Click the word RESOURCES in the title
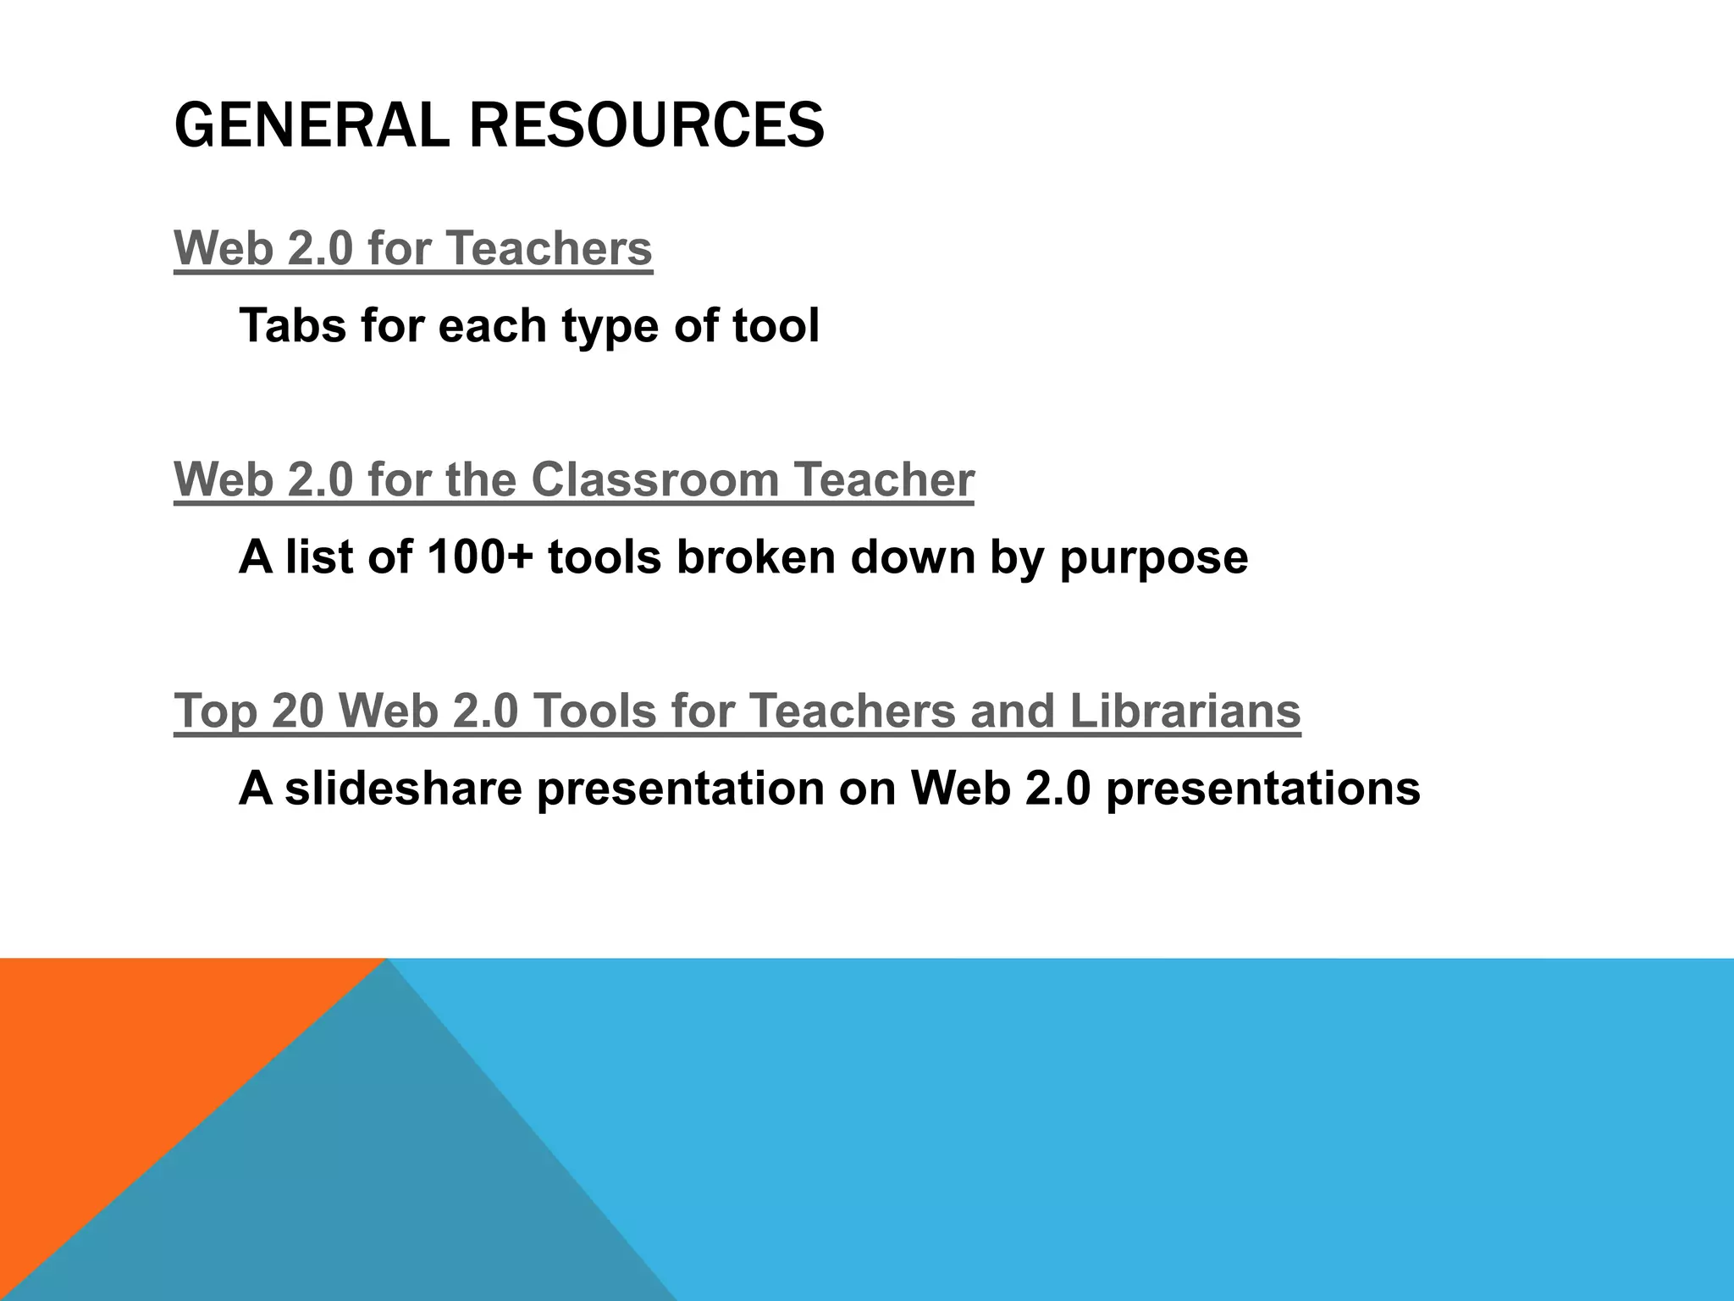pyautogui.click(x=646, y=125)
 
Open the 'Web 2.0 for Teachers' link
pyautogui.click(x=413, y=248)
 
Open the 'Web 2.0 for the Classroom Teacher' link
pyautogui.click(x=574, y=479)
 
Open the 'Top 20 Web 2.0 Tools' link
pyautogui.click(x=737, y=710)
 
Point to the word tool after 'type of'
pyautogui.click(x=776, y=325)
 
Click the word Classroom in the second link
pyautogui.click(x=654, y=479)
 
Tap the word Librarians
pyautogui.click(x=1185, y=710)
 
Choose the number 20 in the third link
pyautogui.click(x=297, y=710)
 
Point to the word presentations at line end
pyautogui.click(x=1262, y=789)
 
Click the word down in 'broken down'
pyautogui.click(x=912, y=557)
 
